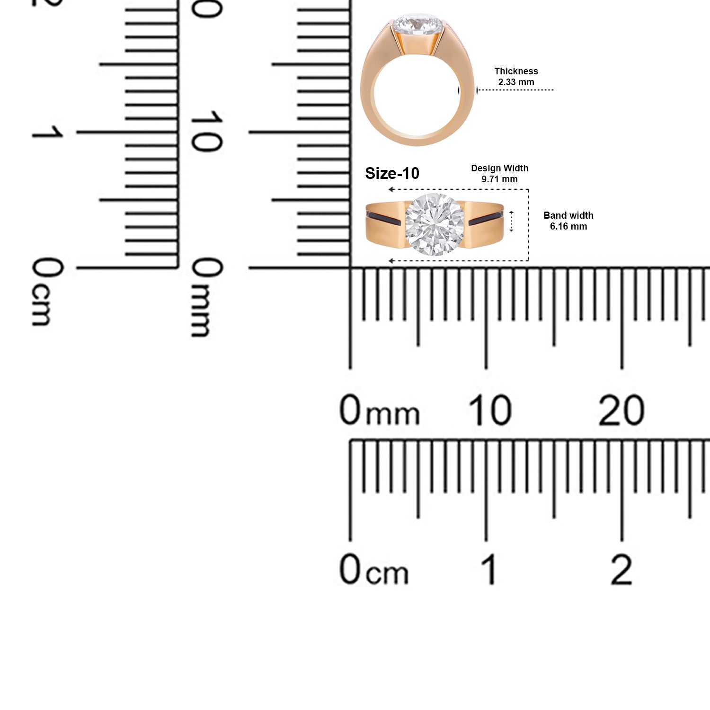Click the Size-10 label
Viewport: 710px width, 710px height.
point(392,174)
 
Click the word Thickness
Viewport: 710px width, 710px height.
point(516,71)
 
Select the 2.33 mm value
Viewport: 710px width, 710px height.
point(516,82)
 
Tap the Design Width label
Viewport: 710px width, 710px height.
point(499,168)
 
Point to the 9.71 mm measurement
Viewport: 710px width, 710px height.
point(499,179)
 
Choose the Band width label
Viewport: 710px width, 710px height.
point(568,215)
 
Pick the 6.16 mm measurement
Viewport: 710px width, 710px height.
point(568,226)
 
